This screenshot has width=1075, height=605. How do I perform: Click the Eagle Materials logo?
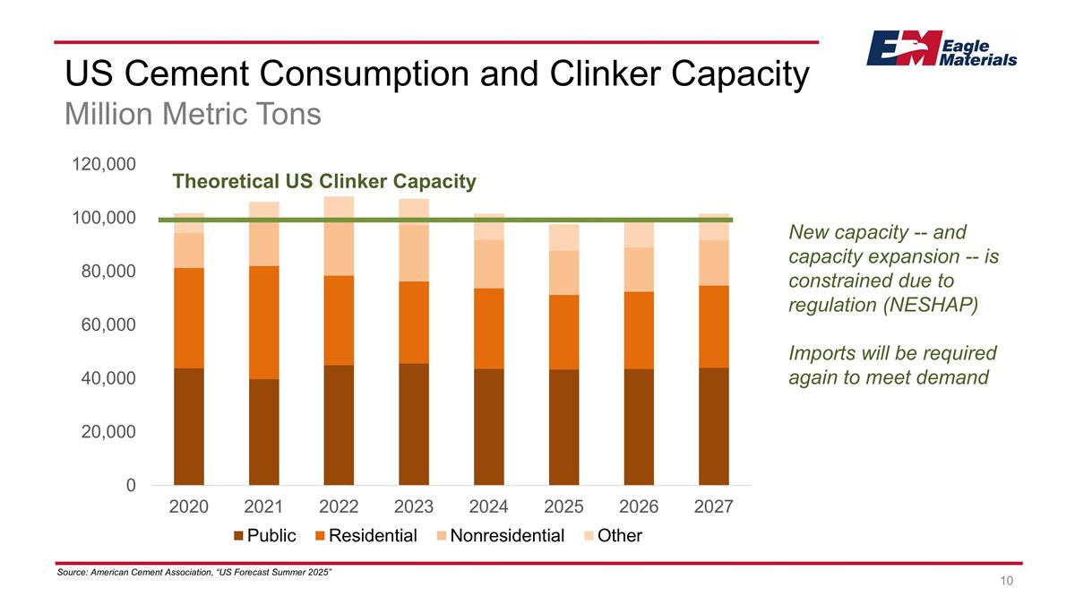click(941, 48)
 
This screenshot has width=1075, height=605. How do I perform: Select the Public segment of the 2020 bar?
click(189, 427)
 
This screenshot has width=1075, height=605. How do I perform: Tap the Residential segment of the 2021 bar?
click(263, 323)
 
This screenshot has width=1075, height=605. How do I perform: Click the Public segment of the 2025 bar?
click(563, 428)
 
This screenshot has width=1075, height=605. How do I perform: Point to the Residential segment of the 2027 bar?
click(714, 326)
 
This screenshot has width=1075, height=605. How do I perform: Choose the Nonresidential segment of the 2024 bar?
click(488, 264)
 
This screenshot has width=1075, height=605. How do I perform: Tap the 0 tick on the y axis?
click(131, 486)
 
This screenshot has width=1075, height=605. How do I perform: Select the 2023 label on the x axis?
click(414, 507)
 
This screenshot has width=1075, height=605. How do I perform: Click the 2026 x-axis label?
click(639, 507)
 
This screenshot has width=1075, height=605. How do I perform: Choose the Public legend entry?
click(265, 536)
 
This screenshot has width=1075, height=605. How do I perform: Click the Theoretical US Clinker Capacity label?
click(323, 182)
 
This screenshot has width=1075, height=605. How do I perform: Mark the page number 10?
click(1007, 582)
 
